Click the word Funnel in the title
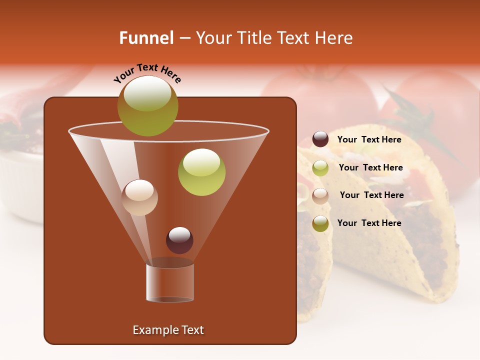pyautogui.click(x=146, y=38)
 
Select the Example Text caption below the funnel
pyautogui.click(x=168, y=330)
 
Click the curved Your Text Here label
pyautogui.click(x=147, y=73)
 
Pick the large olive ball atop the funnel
pyautogui.click(x=148, y=106)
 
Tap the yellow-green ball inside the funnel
pyautogui.click(x=202, y=172)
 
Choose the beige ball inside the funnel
pyautogui.click(x=139, y=197)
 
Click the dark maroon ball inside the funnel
pyautogui.click(x=179, y=240)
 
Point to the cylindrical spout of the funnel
pyautogui.click(x=170, y=282)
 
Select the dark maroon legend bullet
pyautogui.click(x=320, y=139)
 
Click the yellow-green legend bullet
pyautogui.click(x=320, y=168)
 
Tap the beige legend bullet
pyautogui.click(x=320, y=195)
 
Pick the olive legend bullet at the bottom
pyautogui.click(x=320, y=223)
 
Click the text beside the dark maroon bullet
pyautogui.click(x=369, y=140)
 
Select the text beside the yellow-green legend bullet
pyautogui.click(x=370, y=168)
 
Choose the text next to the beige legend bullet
pyautogui.click(x=371, y=195)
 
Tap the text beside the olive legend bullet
pyautogui.click(x=369, y=223)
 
